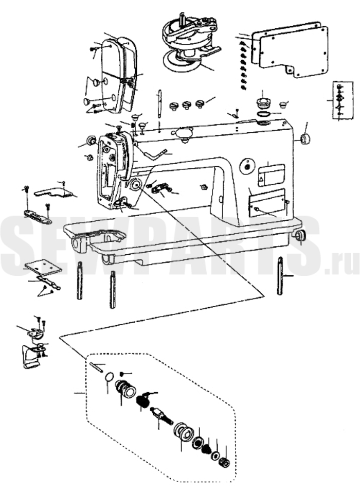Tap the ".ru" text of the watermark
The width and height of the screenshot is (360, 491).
pos(342,267)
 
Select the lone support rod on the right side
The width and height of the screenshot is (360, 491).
pos(280,275)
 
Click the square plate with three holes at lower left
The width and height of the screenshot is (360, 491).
pos(43,266)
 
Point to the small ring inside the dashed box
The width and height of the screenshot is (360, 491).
pos(109,377)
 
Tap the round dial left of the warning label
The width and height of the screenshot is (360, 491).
pos(247,166)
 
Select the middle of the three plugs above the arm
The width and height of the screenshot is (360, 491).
pos(186,105)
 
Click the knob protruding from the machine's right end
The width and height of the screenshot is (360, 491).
pos(304,139)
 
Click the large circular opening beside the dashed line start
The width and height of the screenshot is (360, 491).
pos(135,184)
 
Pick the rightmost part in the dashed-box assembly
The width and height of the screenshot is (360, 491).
pos(225,462)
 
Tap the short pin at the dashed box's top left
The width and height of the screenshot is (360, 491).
pos(96,367)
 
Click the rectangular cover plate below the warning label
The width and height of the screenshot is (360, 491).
pos(266,203)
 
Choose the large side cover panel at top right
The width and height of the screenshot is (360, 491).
pos(290,49)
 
